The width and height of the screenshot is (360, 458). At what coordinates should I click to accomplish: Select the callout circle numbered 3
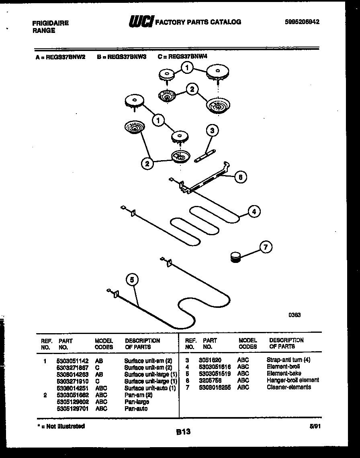[212, 130]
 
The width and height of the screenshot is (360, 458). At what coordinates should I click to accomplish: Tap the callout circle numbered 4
[254, 211]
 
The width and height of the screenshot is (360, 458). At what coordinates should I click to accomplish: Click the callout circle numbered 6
[240, 177]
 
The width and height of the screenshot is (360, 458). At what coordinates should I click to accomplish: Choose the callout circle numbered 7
[265, 247]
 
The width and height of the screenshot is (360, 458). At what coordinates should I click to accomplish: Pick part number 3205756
[210, 380]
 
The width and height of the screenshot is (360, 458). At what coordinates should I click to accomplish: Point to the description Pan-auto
[136, 409]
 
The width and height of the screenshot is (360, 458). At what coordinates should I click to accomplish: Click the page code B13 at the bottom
[183, 432]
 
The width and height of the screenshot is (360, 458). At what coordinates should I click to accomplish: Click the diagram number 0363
[294, 315]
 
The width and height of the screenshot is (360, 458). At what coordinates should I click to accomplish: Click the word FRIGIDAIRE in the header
[50, 23]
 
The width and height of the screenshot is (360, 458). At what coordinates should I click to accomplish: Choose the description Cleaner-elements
[288, 387]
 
